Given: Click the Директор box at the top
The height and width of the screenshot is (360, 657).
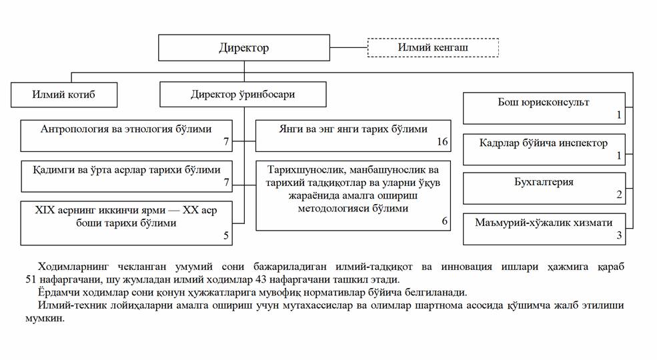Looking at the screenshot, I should click(244, 48).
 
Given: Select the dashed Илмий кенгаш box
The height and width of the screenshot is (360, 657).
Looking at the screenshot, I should click(433, 47).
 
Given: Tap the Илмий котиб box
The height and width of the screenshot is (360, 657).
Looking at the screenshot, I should click(64, 95).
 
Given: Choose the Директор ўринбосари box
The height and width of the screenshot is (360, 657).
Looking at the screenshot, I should click(243, 95).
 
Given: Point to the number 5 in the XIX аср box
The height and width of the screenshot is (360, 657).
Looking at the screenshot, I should click(225, 236).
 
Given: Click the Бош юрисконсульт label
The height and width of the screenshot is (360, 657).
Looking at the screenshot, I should click(544, 103).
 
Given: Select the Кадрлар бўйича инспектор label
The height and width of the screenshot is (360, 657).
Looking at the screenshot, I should click(544, 143).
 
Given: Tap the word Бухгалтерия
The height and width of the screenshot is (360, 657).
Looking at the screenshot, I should click(544, 182).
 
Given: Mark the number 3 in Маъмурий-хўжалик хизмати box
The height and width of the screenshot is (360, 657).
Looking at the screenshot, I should click(619, 235).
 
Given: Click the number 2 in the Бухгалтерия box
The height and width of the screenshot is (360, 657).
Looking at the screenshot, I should click(619, 195).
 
